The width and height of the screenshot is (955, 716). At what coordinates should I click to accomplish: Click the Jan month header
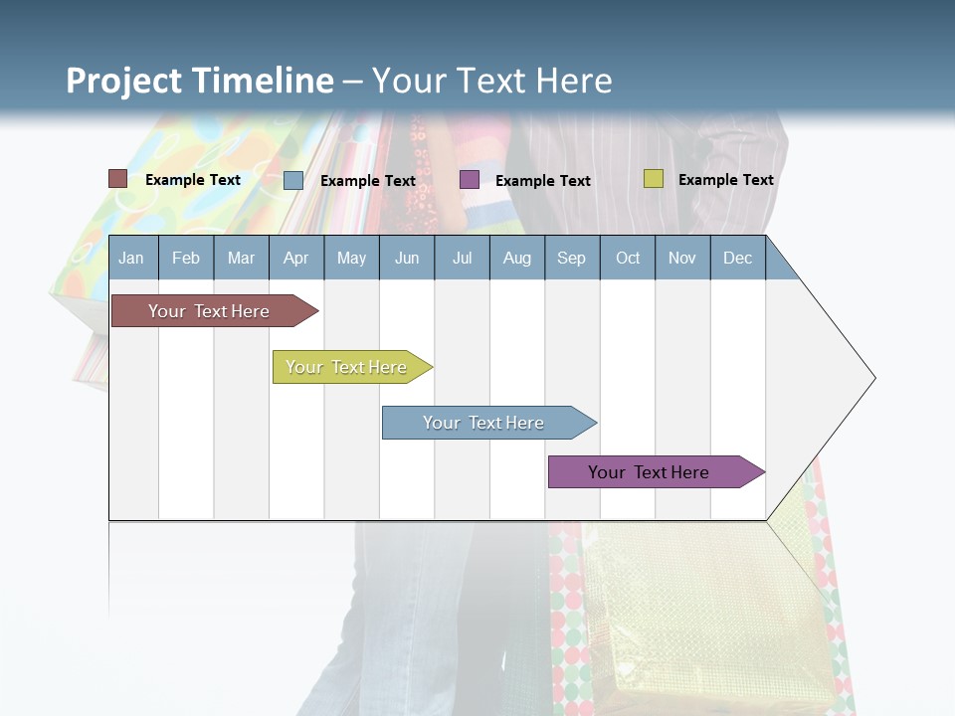[131, 258]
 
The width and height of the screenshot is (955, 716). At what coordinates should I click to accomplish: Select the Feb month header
[186, 258]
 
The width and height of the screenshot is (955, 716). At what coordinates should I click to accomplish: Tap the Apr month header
[295, 258]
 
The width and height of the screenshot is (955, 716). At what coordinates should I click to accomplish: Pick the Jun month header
[407, 258]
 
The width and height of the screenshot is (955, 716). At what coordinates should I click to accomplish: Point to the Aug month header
[517, 258]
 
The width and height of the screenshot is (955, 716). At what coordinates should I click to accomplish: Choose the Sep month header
[572, 258]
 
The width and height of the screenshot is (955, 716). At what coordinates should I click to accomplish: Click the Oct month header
[628, 258]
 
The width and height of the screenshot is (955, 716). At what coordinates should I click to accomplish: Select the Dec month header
[738, 258]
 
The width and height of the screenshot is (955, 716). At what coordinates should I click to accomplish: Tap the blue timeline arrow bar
[484, 423]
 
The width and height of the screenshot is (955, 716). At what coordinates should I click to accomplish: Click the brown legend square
[117, 179]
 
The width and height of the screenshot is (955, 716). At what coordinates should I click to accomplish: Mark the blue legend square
[293, 180]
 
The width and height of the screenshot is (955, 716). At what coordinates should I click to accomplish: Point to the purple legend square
[470, 179]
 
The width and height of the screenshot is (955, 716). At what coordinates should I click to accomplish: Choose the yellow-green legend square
[653, 179]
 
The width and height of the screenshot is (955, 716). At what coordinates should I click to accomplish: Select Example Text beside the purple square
[543, 181]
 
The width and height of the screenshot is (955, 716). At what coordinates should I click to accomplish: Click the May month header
[351, 258]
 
